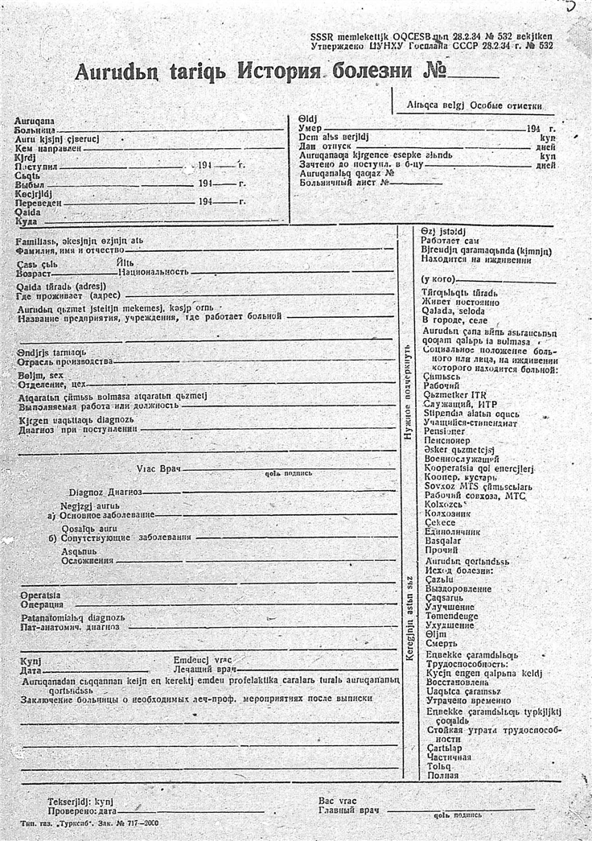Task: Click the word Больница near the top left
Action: click(35, 129)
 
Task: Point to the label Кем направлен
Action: click(47, 148)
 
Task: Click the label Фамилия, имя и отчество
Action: click(66, 250)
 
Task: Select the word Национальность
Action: click(153, 274)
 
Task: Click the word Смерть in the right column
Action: click(441, 644)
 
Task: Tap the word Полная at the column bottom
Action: click(442, 776)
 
